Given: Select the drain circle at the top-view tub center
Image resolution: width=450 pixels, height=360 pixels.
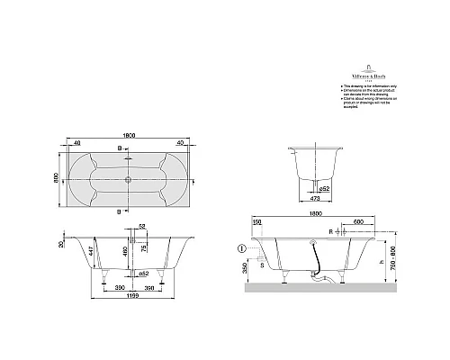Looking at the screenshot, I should pyautogui.click(x=129, y=178).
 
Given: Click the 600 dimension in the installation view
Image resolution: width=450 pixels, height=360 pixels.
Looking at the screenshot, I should pyautogui.click(x=358, y=220).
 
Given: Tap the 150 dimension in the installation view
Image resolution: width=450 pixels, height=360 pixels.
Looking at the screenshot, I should pyautogui.click(x=257, y=220).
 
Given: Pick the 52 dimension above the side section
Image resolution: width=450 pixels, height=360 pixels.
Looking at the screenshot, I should pyautogui.click(x=142, y=228).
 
